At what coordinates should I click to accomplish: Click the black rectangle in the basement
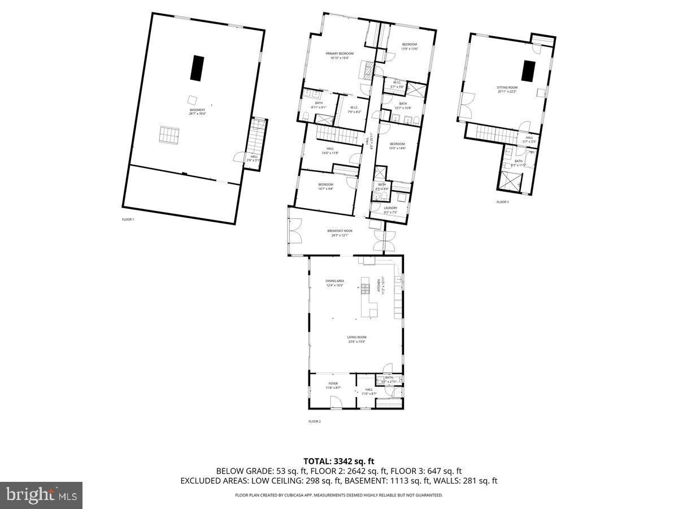pos(197,68)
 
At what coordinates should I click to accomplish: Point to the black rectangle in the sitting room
pos(528,71)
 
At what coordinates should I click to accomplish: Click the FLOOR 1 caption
pos(128,219)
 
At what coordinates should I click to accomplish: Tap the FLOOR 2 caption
pos(314,421)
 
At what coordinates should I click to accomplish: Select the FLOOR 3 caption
pos(502,202)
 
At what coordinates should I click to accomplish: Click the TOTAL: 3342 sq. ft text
pos(338,461)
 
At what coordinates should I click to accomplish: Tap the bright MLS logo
pos(41,495)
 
